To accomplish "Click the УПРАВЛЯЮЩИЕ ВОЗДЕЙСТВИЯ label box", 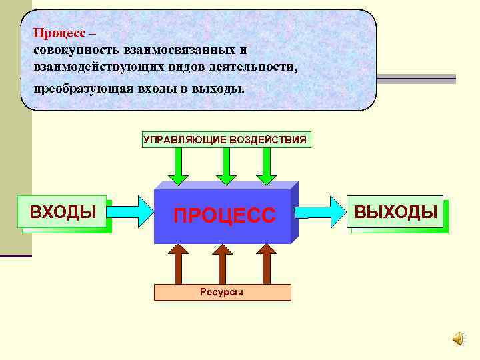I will [225, 139].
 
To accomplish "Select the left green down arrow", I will [178, 166].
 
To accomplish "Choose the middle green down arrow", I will [226, 166].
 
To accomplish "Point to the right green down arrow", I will [266, 166].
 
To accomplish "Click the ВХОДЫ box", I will [63, 213].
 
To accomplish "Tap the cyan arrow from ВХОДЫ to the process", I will [129, 211].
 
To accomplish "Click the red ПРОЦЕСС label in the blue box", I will [224, 215].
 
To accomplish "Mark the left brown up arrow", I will [178, 263].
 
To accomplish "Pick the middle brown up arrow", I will [222, 263].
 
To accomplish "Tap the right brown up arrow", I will [266, 263].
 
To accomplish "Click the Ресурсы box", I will [222, 292].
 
